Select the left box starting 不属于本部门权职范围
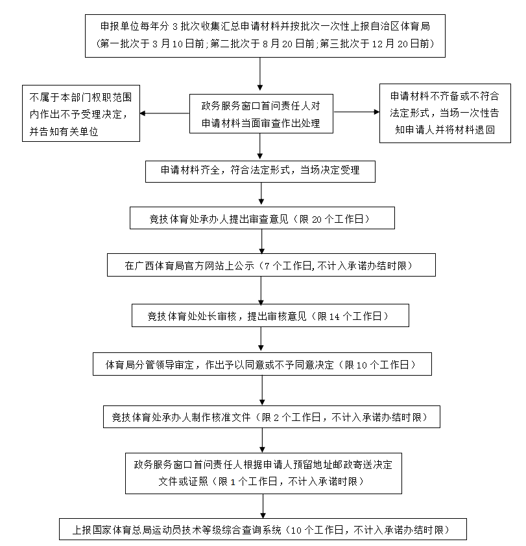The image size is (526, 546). pyautogui.click(x=81, y=113)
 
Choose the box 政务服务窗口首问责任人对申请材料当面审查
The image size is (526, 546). pyautogui.click(x=261, y=114)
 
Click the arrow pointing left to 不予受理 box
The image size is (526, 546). pyautogui.click(x=165, y=114)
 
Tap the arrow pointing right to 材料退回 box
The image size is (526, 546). pyautogui.click(x=357, y=112)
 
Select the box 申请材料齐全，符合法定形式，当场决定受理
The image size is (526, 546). pyautogui.click(x=261, y=170)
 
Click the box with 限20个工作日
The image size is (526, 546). pyautogui.click(x=262, y=218)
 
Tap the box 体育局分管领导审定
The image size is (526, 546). pyautogui.click(x=262, y=365)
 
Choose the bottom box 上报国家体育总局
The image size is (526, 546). pyautogui.click(x=263, y=529)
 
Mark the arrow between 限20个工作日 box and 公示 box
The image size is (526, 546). pyautogui.click(x=261, y=242)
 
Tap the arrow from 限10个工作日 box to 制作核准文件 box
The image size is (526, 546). pyautogui.click(x=261, y=391)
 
